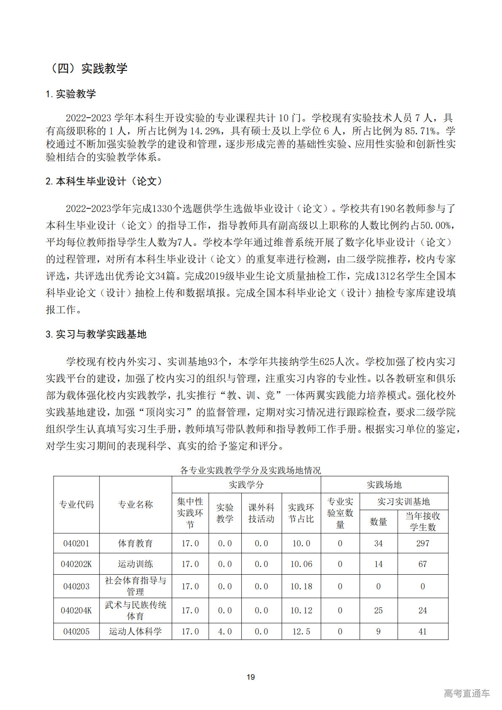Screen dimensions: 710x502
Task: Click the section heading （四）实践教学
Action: point(88,68)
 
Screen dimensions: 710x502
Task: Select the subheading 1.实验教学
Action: point(71,94)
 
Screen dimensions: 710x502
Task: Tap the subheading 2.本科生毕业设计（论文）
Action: point(104,181)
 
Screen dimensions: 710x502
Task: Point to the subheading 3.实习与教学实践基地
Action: point(96,334)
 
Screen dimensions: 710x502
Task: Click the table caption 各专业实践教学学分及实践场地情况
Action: point(250,470)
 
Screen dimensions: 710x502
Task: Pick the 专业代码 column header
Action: point(76,505)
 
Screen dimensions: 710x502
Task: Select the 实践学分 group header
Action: point(246,485)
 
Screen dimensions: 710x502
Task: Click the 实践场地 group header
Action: point(384,485)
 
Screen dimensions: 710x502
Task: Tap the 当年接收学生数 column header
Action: point(423,522)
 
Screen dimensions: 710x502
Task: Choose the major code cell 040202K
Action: point(76,564)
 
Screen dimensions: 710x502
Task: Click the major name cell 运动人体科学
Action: point(135,632)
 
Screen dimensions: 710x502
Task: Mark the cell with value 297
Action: point(423,543)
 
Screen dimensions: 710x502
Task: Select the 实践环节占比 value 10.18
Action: point(301,586)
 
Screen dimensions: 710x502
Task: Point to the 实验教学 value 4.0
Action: point(225,632)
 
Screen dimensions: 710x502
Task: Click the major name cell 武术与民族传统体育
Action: point(135,610)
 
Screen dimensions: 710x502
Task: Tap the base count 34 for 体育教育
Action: point(378,543)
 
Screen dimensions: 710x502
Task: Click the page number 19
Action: point(251,677)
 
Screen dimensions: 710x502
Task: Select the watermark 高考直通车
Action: point(467,693)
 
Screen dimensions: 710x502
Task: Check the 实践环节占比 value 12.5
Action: point(301,632)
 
